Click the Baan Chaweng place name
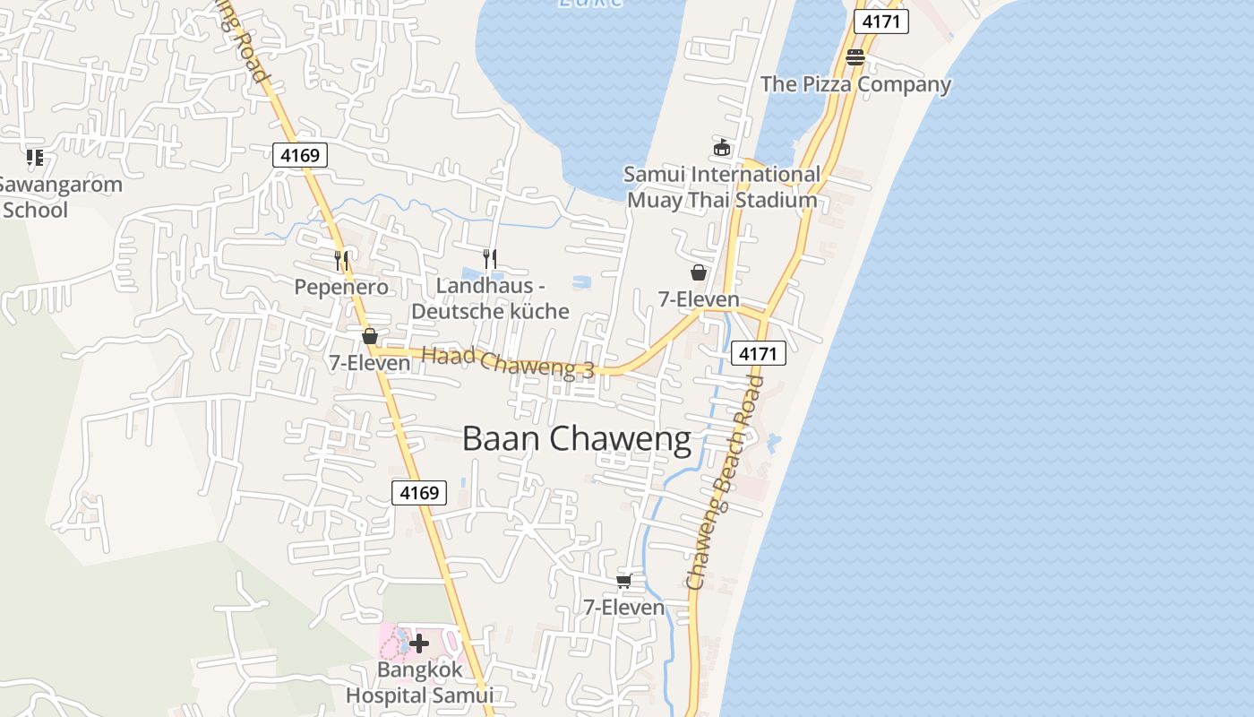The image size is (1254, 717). (x=577, y=439)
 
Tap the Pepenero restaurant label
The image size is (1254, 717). (x=341, y=287)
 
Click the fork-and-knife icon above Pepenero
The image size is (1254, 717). (x=341, y=261)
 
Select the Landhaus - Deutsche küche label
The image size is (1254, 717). (x=490, y=298)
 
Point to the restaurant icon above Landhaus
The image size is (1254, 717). (x=490, y=259)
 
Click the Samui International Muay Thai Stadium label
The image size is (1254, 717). (x=722, y=186)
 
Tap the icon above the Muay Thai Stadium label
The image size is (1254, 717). (x=722, y=147)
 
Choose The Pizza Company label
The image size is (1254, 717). (x=855, y=84)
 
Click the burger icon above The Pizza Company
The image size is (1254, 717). (x=855, y=57)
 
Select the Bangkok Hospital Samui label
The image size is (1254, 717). (x=419, y=682)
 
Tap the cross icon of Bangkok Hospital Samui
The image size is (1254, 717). (x=418, y=643)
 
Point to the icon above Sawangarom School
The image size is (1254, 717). (x=35, y=159)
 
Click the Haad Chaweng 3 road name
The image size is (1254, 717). (x=508, y=361)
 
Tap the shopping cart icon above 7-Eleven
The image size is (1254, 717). (x=624, y=581)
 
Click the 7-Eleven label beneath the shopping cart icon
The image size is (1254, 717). (x=624, y=608)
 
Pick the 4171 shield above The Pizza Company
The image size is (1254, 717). (x=880, y=22)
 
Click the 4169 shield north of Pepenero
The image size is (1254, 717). (x=299, y=155)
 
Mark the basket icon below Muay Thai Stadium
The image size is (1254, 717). (x=699, y=272)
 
